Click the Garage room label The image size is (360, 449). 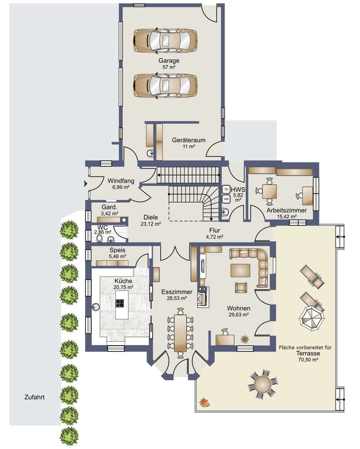click(x=169, y=61)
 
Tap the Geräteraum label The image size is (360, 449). click(x=189, y=141)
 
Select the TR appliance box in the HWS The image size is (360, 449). click(x=226, y=189)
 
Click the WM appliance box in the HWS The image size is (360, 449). click(x=226, y=199)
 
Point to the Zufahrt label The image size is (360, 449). click(x=34, y=397)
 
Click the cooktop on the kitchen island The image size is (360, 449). click(x=120, y=303)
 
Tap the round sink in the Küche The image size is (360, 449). click(x=95, y=307)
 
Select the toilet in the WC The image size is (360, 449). click(x=100, y=238)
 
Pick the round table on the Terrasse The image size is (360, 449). click(x=262, y=384)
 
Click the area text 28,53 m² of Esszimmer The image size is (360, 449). click(x=177, y=298)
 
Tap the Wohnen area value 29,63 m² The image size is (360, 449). click(x=238, y=314)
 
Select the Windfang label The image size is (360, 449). click(x=121, y=181)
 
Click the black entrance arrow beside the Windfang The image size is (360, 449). click(x=85, y=184)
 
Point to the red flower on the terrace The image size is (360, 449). click(x=204, y=402)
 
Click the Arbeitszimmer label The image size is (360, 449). click(x=287, y=210)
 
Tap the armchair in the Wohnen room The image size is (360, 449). click(x=241, y=287)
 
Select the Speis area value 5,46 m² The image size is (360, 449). click(x=117, y=256)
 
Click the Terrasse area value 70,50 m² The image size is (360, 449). click(x=308, y=360)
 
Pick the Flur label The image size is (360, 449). click(x=215, y=231)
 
